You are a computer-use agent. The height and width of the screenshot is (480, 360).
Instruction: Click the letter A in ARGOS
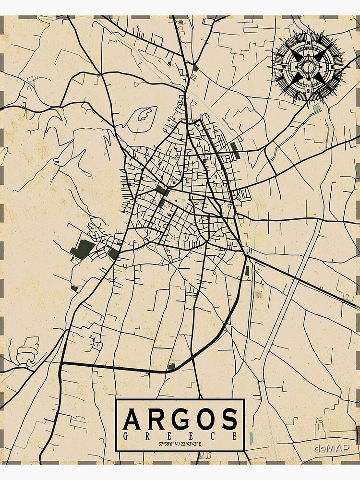tap(132, 419)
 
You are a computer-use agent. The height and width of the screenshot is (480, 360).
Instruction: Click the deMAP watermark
tap(331, 448)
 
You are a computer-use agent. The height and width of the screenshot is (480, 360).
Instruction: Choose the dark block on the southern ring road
tap(171, 367)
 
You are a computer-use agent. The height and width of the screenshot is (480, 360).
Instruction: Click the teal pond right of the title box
tap(251, 437)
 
